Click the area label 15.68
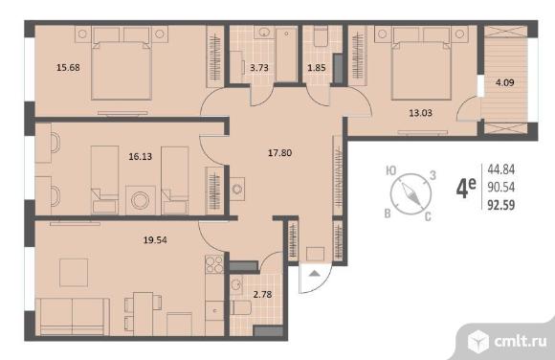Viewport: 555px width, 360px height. click(x=68, y=67)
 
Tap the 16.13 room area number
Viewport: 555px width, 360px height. click(x=140, y=156)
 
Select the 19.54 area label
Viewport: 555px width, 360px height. click(x=155, y=240)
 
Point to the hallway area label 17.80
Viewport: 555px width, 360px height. click(x=279, y=153)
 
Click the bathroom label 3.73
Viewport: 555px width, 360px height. click(x=259, y=67)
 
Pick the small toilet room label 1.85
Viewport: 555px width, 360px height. click(x=317, y=67)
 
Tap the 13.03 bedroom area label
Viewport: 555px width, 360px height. click(x=420, y=113)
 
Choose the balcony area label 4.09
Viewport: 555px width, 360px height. click(x=504, y=82)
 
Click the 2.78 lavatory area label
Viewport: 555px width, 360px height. click(x=262, y=294)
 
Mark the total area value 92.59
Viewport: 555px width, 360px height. click(x=500, y=205)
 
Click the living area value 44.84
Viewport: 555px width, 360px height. click(x=500, y=169)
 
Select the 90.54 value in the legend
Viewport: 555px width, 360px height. click(x=500, y=187)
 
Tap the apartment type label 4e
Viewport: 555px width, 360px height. click(x=466, y=188)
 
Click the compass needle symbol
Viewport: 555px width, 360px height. click(x=411, y=193)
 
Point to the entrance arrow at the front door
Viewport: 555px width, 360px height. click(x=315, y=273)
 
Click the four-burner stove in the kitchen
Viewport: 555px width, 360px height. click(x=214, y=264)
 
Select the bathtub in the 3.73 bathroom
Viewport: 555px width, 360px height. click(x=286, y=55)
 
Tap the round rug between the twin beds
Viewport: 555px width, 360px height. click(x=141, y=200)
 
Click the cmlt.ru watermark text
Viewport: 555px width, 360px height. click(x=521, y=342)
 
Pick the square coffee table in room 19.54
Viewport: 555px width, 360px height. click(x=74, y=273)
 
